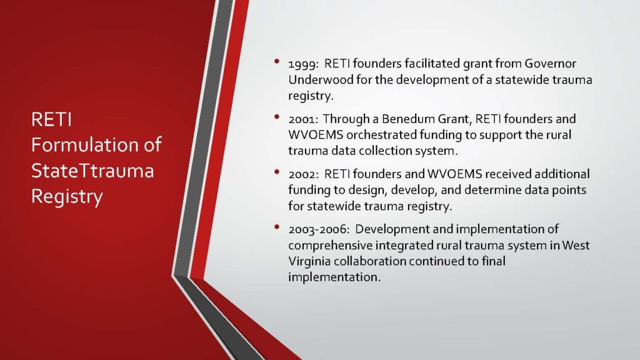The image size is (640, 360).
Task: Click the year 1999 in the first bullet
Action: [302, 64]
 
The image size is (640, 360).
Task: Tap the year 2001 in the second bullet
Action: [302, 119]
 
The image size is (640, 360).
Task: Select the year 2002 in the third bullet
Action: [303, 174]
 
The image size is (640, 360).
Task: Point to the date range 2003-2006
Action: [318, 229]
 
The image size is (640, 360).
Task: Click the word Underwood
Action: [321, 79]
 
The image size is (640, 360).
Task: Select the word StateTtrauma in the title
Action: [92, 171]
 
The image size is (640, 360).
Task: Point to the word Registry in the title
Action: [67, 197]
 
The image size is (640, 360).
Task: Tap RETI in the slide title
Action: [51, 119]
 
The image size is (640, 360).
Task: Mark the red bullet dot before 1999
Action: [277, 62]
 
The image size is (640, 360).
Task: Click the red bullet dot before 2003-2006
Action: [277, 227]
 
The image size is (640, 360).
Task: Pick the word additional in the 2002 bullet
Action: [562, 174]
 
